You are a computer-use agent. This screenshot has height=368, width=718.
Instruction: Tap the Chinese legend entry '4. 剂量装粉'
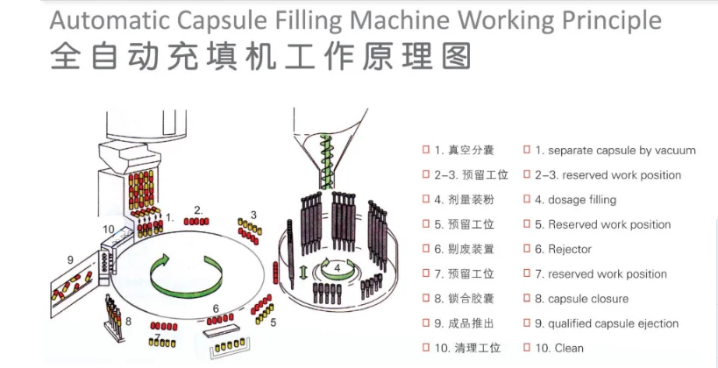point(464,200)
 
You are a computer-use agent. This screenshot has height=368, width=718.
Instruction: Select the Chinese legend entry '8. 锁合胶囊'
point(464,299)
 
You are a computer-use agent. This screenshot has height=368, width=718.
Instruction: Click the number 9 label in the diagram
point(70,259)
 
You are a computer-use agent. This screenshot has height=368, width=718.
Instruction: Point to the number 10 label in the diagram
point(108,230)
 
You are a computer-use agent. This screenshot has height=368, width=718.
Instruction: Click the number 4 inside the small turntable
point(337,266)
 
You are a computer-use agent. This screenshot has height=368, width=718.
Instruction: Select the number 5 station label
point(273,322)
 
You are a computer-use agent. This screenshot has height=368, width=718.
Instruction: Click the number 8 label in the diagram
point(128,322)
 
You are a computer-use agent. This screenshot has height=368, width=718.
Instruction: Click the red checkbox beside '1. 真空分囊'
point(425,150)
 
